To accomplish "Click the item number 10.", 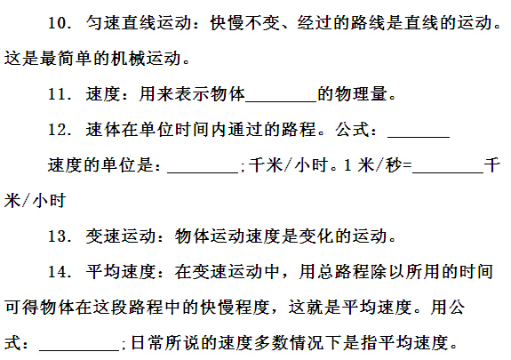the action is tap(60, 23).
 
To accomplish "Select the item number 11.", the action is tap(60, 94).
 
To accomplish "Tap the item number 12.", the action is tap(60, 130).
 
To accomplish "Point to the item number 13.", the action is tap(60, 236).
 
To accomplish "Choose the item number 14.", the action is tap(60, 272).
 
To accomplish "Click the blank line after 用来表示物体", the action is tap(281, 102).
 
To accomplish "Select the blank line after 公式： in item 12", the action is tap(419, 138).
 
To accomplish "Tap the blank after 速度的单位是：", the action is tap(203, 172).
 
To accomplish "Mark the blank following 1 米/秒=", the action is tap(448, 172).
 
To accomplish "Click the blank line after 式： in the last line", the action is tap(79, 350).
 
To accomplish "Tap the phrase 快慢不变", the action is tap(245, 23).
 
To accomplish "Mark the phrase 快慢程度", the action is tap(236, 308).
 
